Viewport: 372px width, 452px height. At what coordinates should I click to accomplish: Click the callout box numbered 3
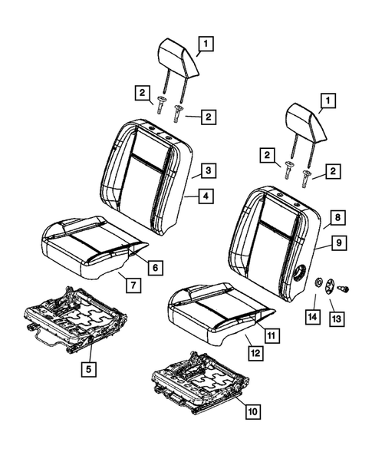[x=206, y=169]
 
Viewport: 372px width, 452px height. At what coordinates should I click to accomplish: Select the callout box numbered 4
[x=206, y=196]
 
